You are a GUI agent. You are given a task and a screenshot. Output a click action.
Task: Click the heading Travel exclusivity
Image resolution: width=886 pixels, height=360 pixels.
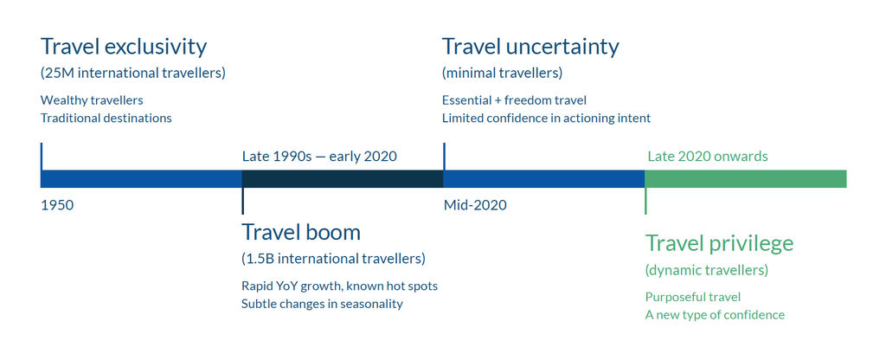[x=124, y=48]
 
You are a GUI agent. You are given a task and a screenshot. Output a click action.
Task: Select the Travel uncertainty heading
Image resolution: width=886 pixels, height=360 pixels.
[x=530, y=48]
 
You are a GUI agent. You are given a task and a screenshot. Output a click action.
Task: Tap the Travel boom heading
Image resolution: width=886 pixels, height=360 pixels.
[x=301, y=232]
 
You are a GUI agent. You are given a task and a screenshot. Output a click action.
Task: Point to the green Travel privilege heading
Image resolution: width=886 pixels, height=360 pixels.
[x=719, y=244]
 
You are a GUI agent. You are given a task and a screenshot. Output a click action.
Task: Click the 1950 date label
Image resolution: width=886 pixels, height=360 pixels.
[x=57, y=205]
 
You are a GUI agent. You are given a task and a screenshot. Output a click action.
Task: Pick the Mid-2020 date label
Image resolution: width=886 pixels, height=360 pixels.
[x=475, y=205]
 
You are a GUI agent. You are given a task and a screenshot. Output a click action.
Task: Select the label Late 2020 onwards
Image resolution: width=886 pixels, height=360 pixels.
[x=708, y=156]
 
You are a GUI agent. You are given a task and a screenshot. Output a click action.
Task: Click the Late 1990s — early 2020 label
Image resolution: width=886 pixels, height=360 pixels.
[x=319, y=156]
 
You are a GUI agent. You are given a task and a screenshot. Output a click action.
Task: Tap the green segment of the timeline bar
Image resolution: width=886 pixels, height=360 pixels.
[x=745, y=178]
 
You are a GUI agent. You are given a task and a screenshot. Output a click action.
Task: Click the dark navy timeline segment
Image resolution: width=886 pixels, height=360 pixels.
[x=343, y=178]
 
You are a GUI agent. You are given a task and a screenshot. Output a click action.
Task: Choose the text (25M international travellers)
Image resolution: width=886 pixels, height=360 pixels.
[x=132, y=74]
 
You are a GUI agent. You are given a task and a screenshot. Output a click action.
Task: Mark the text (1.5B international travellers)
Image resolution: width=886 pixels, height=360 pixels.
[x=333, y=259]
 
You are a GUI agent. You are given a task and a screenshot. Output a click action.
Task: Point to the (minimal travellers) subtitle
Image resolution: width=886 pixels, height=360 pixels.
[x=502, y=74]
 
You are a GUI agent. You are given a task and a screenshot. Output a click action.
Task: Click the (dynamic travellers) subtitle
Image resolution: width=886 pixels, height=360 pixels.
[x=706, y=271]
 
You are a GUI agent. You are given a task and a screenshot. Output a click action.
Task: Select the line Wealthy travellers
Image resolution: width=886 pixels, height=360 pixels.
[x=92, y=100]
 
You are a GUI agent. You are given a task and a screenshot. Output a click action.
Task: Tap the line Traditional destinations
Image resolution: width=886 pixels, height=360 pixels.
[x=106, y=119]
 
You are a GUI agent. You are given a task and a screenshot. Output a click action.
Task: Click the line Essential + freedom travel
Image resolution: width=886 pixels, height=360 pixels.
[x=514, y=100]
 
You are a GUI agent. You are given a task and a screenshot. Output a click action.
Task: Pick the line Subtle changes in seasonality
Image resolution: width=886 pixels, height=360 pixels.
[x=322, y=304]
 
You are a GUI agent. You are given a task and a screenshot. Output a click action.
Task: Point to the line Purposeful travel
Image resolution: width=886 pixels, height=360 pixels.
[x=693, y=298]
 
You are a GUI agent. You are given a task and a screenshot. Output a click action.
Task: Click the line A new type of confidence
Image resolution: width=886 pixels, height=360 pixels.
[x=715, y=315]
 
